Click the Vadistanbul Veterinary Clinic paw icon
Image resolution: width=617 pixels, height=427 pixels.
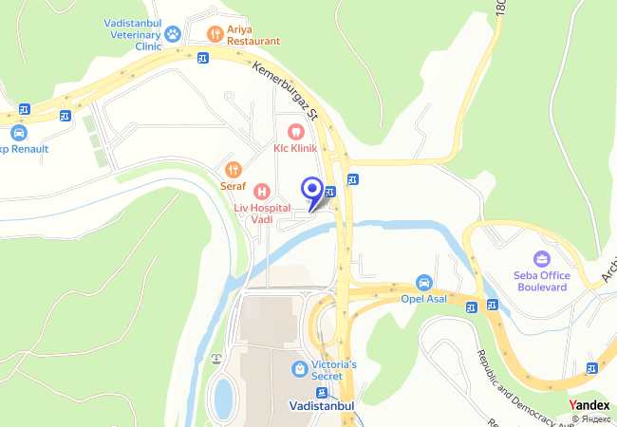tap(173, 35)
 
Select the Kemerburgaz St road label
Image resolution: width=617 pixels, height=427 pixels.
tap(290, 91)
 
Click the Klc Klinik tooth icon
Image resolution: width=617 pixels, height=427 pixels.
tap(294, 131)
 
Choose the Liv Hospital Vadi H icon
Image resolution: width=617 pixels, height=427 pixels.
tap(262, 193)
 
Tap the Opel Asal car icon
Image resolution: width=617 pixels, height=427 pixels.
tap(424, 283)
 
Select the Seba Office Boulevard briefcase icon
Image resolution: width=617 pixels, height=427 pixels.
tap(541, 258)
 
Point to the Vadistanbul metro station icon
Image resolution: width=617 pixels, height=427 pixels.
tap(323, 392)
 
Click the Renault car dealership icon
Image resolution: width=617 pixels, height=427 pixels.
tap(19, 133)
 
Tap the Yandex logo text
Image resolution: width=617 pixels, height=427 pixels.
tap(589, 405)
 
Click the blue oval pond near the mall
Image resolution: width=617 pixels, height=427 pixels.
tap(223, 398)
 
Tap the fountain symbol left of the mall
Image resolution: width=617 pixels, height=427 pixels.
tap(216, 360)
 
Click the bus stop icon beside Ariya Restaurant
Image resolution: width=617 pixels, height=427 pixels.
tap(204, 59)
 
